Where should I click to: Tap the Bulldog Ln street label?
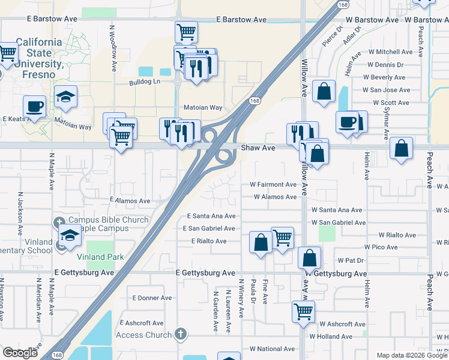coord(145,82)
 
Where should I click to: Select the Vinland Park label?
coord(100,257)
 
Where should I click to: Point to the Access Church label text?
coord(144,335)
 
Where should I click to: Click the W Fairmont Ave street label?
coord(273,185)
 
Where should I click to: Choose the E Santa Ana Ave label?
coord(211,216)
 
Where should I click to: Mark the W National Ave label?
coord(272,349)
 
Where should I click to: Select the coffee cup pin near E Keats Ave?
coord(34,106)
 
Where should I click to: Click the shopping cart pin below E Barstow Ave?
coord(186,32)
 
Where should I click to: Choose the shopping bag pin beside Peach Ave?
coord(401,148)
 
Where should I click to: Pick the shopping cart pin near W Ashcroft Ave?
coord(304,311)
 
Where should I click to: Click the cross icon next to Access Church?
coord(181,335)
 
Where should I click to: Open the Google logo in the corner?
coord(20,353)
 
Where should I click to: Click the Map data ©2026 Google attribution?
coord(411,355)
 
